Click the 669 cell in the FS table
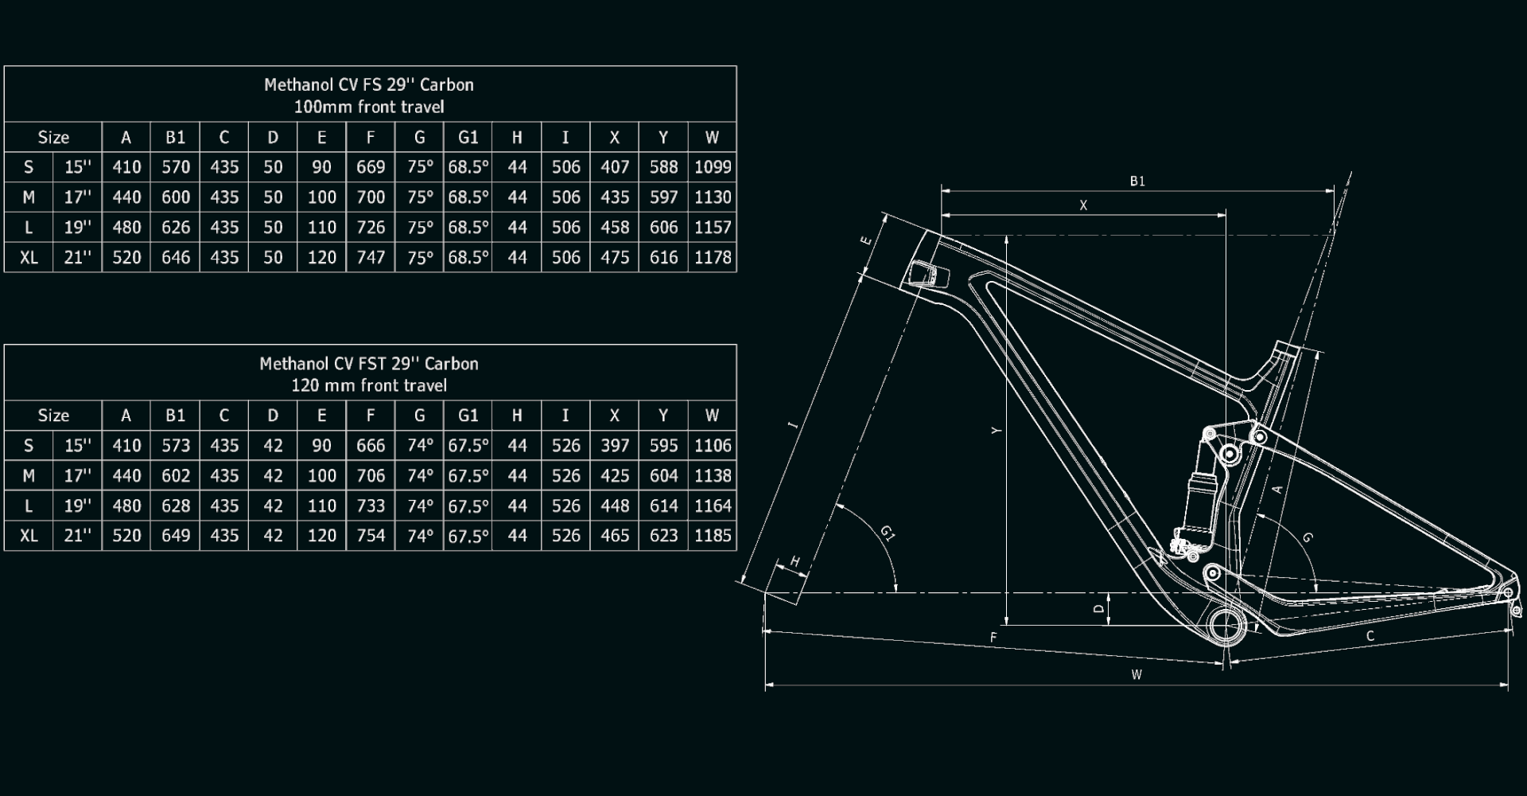[x=371, y=167]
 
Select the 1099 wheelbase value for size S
[x=713, y=167]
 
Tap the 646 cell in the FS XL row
[x=176, y=258]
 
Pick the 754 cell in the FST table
[x=371, y=536]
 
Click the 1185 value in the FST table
[x=713, y=536]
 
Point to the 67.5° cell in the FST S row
[x=468, y=446]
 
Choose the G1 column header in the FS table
[x=468, y=138]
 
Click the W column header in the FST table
[x=712, y=416]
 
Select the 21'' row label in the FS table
[x=78, y=258]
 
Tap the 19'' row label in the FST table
[x=78, y=506]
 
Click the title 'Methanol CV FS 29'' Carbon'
[x=369, y=85]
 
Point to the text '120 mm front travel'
[x=369, y=386]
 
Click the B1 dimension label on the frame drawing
[x=1137, y=181]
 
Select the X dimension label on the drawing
[x=1082, y=205]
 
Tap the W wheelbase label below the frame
[x=1137, y=675]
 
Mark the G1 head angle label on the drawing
[x=888, y=533]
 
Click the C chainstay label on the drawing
[x=1370, y=636]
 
